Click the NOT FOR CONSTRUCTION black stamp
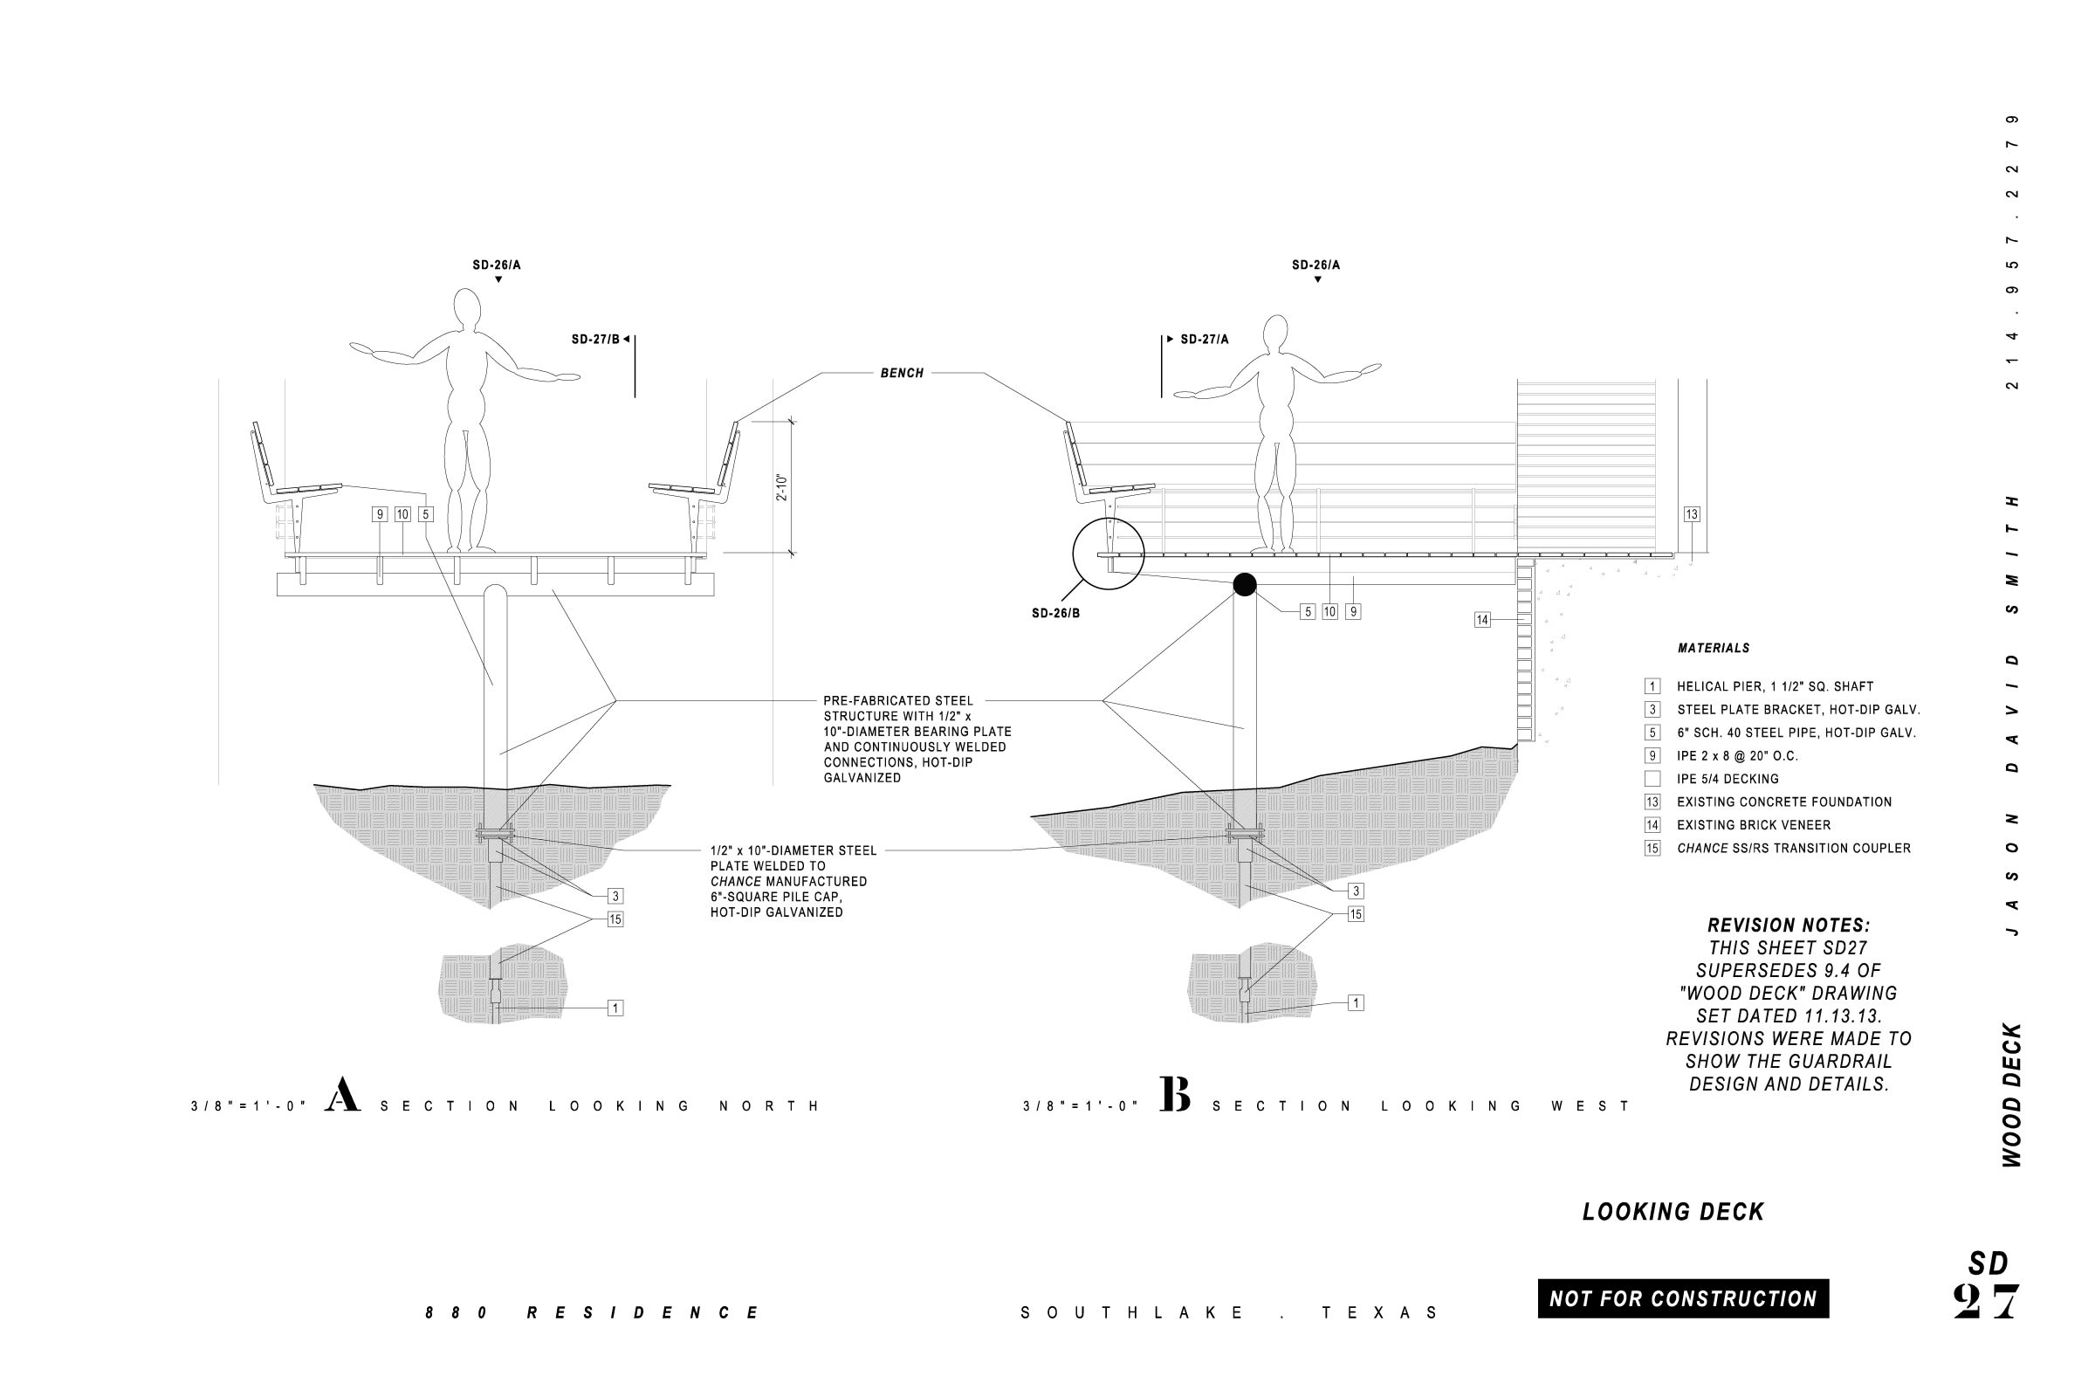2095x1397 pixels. pos(1683,1299)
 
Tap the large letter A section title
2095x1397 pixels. pos(342,1095)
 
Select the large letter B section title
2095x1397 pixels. pos(1175,1095)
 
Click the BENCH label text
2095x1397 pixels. pos(902,374)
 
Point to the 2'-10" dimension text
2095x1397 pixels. pos(782,486)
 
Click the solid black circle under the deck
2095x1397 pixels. pos(1245,584)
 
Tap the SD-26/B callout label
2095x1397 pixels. pos(1055,614)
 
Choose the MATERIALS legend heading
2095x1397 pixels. pos(1713,649)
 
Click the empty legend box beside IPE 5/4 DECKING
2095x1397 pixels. pos(1652,779)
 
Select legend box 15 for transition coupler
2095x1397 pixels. pos(1652,848)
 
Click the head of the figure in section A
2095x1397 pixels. pos(467,309)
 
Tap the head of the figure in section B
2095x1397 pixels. pos(1275,335)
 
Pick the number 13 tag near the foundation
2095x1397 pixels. pos(1692,514)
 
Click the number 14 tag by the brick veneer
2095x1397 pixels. pos(1482,620)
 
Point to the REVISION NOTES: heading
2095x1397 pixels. pos(1789,926)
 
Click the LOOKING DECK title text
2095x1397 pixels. pos(1673,1212)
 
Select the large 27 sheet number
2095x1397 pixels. pos(1985,1303)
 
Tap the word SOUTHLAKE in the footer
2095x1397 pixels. pos(1132,1313)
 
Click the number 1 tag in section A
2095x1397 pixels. pos(615,1008)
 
